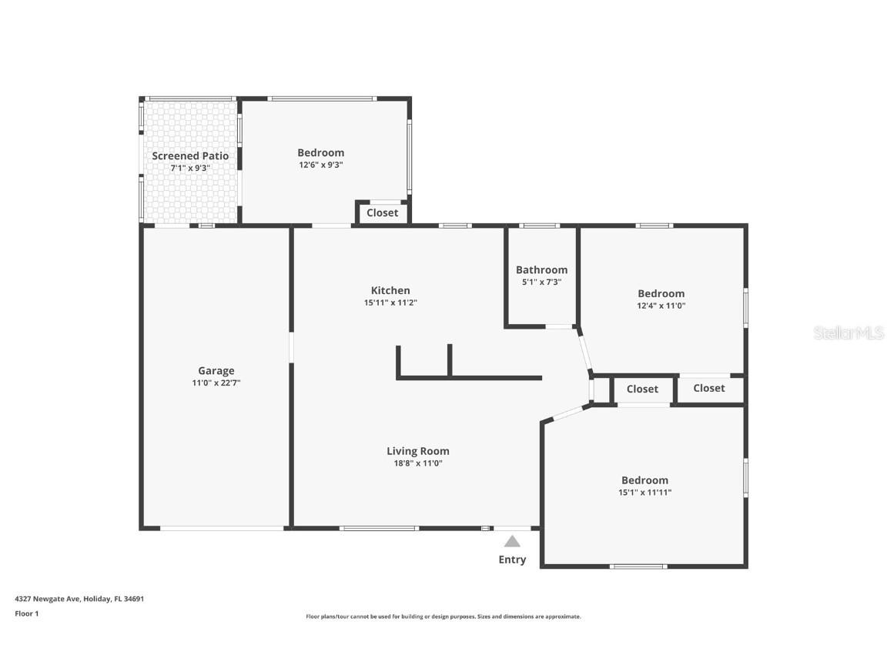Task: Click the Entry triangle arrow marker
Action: point(512,541)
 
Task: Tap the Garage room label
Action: point(216,370)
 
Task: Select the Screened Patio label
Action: point(190,155)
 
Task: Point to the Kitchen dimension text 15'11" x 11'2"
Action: point(390,302)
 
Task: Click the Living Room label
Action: point(417,451)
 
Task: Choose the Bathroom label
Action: point(541,269)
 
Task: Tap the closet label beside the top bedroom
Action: point(382,212)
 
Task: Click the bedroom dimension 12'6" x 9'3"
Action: point(321,165)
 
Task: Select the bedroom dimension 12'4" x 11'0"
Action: point(661,306)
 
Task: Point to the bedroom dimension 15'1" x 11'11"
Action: point(644,493)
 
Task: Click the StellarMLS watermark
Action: point(849,332)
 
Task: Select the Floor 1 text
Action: point(26,613)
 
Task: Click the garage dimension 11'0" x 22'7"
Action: point(216,383)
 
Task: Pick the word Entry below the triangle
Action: point(512,560)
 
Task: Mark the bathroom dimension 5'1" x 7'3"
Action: point(541,282)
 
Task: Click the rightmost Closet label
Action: point(708,388)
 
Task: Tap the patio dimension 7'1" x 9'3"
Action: point(190,168)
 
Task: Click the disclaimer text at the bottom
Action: point(443,617)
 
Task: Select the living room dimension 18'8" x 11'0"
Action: point(417,463)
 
